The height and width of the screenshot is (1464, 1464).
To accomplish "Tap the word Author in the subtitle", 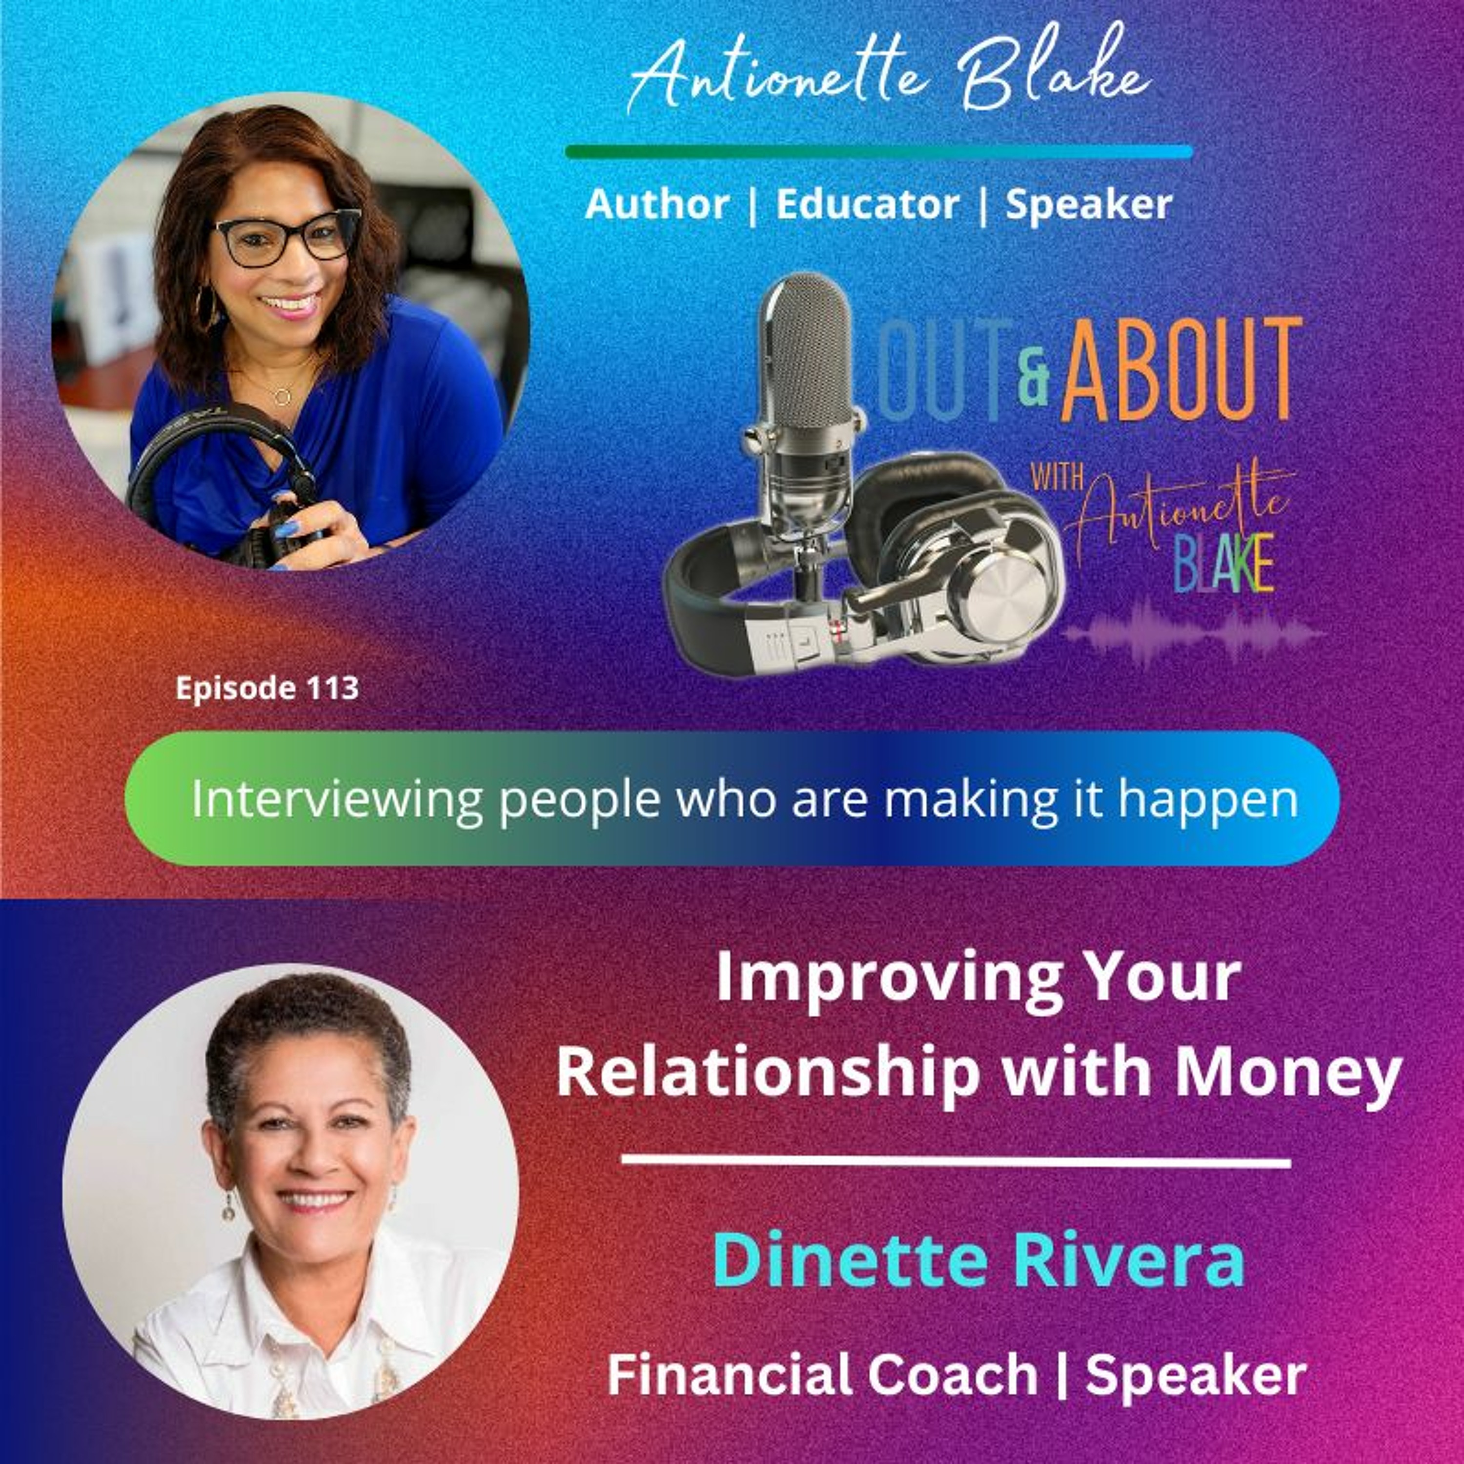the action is pyautogui.click(x=656, y=204).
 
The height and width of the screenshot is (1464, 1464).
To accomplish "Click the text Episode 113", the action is pyautogui.click(x=267, y=688).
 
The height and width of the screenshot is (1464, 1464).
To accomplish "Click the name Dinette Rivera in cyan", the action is pyautogui.click(x=979, y=1260).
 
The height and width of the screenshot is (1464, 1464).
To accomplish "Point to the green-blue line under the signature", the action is pyautogui.click(x=879, y=152).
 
